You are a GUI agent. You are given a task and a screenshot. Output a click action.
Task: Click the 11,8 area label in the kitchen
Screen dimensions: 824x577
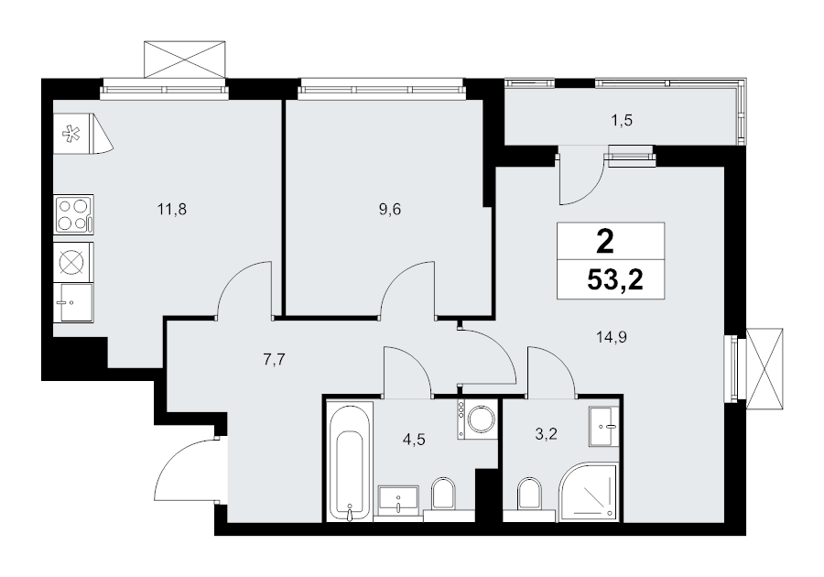(172, 211)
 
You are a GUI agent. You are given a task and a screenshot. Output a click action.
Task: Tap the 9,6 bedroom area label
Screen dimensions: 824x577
(390, 211)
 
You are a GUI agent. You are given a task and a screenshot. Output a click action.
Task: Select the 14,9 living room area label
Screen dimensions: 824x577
(612, 337)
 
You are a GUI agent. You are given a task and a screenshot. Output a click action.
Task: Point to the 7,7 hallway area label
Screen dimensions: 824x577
(273, 361)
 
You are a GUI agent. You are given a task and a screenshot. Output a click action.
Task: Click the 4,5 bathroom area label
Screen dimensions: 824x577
(414, 440)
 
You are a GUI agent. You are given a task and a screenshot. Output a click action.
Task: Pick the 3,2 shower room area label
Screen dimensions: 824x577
(546, 434)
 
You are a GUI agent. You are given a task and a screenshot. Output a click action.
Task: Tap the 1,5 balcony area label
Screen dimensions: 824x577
(621, 121)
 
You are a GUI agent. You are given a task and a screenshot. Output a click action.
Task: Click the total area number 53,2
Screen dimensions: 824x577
(615, 280)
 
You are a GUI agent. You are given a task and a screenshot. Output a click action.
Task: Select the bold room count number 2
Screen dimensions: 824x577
(605, 243)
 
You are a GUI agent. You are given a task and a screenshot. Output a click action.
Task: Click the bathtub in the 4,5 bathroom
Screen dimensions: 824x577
(350, 462)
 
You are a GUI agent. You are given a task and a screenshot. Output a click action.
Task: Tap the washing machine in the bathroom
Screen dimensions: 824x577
(477, 419)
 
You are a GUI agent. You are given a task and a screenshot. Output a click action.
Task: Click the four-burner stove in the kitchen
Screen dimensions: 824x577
(74, 214)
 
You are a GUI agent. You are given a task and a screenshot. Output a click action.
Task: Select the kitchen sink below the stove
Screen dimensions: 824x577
(74, 302)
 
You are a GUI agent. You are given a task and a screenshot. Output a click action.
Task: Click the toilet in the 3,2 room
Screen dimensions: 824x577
(529, 495)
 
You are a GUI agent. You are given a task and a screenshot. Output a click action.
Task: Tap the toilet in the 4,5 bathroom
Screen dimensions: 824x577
(444, 495)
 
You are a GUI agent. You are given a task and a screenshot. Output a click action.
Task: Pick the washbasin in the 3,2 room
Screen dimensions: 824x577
(605, 426)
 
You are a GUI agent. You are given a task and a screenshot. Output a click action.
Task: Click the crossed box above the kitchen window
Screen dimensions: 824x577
(185, 60)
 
